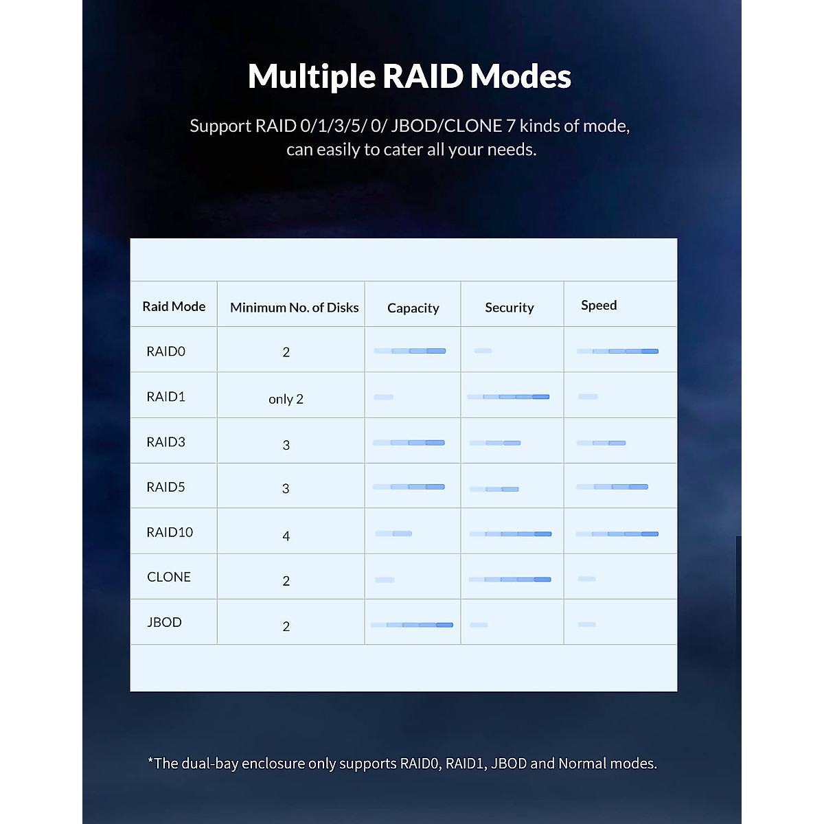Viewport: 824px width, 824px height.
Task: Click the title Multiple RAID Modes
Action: pos(409,76)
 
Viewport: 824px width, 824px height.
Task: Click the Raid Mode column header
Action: pos(174,306)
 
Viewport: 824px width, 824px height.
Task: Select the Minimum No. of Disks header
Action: pos(294,308)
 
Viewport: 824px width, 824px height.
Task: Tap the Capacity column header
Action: pos(413,308)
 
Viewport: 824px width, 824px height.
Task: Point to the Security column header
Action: pos(509,308)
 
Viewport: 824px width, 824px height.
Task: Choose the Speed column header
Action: pos(599,306)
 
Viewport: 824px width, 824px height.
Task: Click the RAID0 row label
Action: pos(165,352)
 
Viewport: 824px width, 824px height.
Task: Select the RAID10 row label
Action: pos(170,532)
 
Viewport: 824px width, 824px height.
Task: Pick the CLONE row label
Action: pos(169,577)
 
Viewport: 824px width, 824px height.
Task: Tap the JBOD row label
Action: pos(164,623)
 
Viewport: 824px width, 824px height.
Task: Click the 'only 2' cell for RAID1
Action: pos(286,399)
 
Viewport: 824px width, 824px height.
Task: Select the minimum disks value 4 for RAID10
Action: pos(286,536)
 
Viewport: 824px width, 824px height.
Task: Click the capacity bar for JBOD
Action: pos(411,625)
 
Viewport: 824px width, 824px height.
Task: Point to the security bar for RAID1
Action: pos(508,397)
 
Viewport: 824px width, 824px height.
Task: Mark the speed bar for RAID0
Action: pos(617,352)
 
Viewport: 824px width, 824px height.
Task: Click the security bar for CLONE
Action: pos(510,580)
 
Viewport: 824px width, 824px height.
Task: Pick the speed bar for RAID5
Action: pos(612,487)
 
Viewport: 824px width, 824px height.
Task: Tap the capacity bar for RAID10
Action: pos(393,534)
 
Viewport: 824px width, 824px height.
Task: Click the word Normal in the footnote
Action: pos(582,764)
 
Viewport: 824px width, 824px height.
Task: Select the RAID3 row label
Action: pos(165,442)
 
